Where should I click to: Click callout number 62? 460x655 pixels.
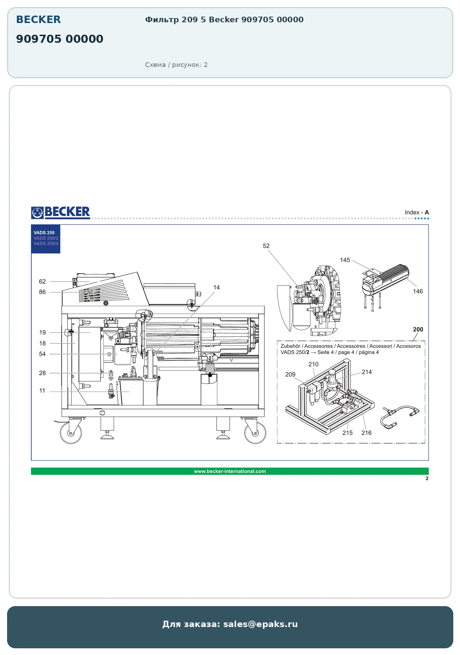click(x=42, y=281)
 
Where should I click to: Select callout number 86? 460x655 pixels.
click(x=42, y=292)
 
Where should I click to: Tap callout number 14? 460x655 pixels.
click(x=217, y=287)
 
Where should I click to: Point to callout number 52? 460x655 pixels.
click(x=266, y=246)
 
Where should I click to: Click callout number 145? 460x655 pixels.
click(x=345, y=260)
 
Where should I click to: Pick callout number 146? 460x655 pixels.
click(x=418, y=291)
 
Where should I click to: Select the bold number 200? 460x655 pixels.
click(x=418, y=329)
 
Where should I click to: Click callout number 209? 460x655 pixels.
click(x=290, y=374)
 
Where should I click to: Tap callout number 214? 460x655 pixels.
click(x=367, y=372)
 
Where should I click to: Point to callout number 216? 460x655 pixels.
click(x=367, y=433)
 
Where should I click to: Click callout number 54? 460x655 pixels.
click(x=42, y=354)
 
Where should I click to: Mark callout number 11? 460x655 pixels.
click(x=42, y=391)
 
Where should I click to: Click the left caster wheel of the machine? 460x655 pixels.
click(x=71, y=433)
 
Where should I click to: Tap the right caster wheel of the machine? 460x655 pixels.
click(x=255, y=433)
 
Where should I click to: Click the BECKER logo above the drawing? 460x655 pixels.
click(x=61, y=212)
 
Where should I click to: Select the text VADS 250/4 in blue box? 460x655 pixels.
click(x=46, y=244)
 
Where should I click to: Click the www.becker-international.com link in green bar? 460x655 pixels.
click(x=230, y=471)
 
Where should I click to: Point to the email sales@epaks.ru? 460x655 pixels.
click(x=260, y=624)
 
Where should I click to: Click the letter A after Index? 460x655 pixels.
click(x=427, y=212)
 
